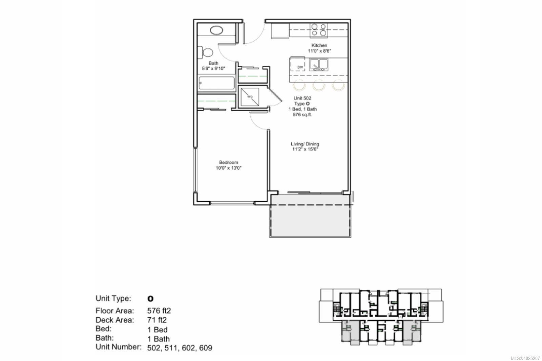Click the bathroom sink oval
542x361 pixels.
click(x=217, y=30)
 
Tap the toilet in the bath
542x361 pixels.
click(x=207, y=52)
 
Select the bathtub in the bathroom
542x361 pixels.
click(x=216, y=83)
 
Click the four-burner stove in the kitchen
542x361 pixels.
click(x=319, y=30)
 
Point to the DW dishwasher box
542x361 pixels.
click(x=300, y=67)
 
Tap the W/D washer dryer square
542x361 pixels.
click(x=250, y=97)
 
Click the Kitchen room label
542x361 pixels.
click(x=319, y=45)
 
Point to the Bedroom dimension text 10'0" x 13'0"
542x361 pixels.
click(x=229, y=168)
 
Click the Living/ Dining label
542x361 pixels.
click(x=305, y=144)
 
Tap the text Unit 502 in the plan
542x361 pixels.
click(x=302, y=98)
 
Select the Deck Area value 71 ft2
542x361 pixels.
click(x=157, y=320)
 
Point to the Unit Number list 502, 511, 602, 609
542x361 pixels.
click(x=180, y=348)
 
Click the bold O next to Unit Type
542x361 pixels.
click(x=150, y=299)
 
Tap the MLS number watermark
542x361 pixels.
click(x=525, y=358)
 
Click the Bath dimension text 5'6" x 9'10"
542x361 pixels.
click(x=213, y=69)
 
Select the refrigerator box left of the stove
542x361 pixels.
click(x=280, y=31)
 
